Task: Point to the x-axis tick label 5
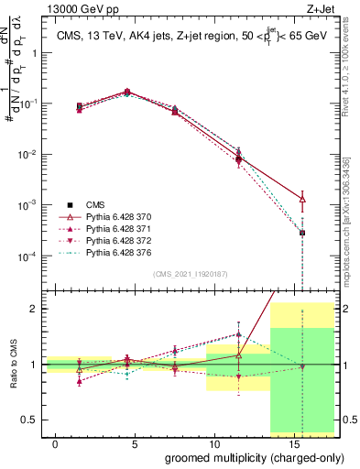click(x=134, y=442)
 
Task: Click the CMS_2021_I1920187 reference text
click(x=189, y=274)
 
